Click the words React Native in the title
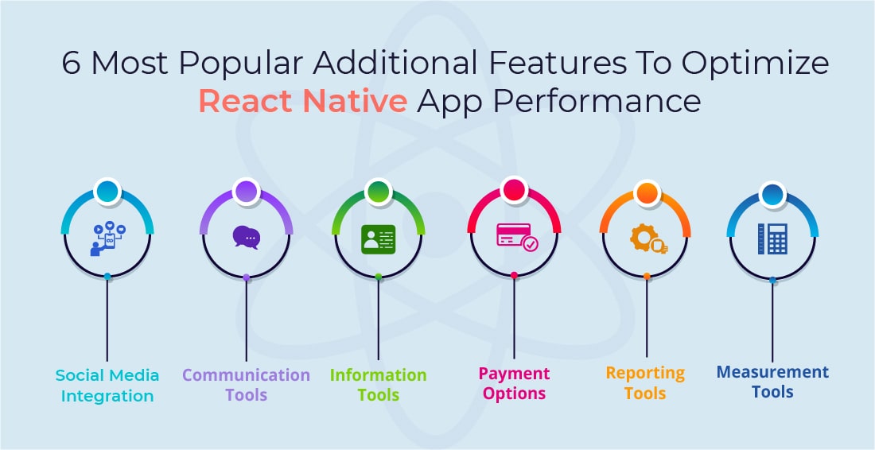click(x=302, y=101)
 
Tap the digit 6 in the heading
click(x=71, y=63)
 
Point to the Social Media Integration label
click(x=107, y=386)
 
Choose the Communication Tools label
click(x=246, y=385)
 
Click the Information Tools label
click(x=379, y=385)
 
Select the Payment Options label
click(x=514, y=384)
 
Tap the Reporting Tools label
click(x=646, y=383)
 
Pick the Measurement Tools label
click(x=772, y=382)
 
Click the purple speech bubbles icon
click(x=246, y=237)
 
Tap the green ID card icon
click(x=379, y=239)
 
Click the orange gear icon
click(x=648, y=238)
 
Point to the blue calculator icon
click(x=772, y=239)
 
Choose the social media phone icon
click(x=107, y=239)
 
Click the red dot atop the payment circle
click(x=514, y=190)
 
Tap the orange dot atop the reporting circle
click(x=647, y=193)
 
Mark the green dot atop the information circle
click(x=379, y=192)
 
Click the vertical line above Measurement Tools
click(x=772, y=321)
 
